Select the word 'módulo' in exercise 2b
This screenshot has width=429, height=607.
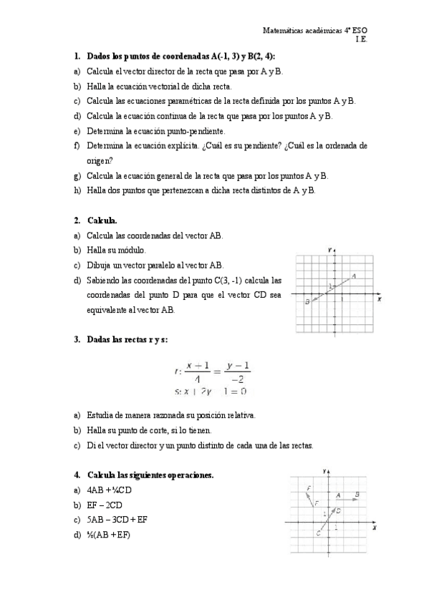[131, 250]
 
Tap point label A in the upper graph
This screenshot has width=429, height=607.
[354, 276]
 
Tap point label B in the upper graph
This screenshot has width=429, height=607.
[307, 303]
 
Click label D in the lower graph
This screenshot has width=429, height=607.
[338, 510]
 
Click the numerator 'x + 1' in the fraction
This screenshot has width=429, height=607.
[197, 365]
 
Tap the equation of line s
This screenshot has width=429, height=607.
[211, 392]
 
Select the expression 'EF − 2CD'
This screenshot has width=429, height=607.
[105, 505]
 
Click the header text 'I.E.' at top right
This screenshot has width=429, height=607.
[361, 39]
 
